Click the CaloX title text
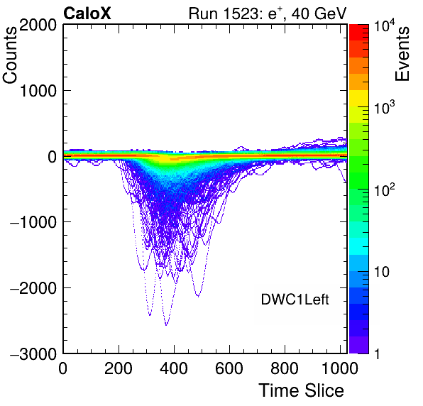[x=87, y=13]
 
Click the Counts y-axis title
[x=10, y=55]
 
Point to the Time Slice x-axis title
[x=302, y=390]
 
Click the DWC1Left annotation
[x=295, y=300]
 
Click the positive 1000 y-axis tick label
[x=38, y=91]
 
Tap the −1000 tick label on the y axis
[x=33, y=221]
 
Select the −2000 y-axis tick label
[x=33, y=288]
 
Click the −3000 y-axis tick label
[x=33, y=353]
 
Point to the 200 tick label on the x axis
[x=119, y=368]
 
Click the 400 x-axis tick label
[x=174, y=368]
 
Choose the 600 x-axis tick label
[x=229, y=368]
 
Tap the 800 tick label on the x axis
[x=285, y=368]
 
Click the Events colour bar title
[x=402, y=54]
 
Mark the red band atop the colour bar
[x=359, y=33]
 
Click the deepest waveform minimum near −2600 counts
[x=166, y=325]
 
